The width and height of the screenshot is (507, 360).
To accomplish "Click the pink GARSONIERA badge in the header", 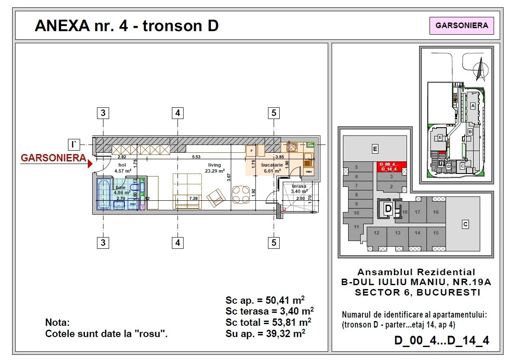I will [x=462, y=26].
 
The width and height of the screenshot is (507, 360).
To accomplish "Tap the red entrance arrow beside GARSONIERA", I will [x=90, y=164].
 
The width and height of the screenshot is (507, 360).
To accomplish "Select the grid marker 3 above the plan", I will [x=103, y=113].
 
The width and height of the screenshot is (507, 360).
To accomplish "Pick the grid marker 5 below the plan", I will [x=274, y=243].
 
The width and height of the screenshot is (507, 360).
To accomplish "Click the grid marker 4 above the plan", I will [x=178, y=113].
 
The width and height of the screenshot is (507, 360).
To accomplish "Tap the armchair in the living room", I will [x=216, y=198].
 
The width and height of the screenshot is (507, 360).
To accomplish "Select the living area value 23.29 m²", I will [x=214, y=171].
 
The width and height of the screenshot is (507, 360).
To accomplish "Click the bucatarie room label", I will [x=272, y=165].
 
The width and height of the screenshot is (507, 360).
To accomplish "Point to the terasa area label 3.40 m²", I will [x=299, y=191].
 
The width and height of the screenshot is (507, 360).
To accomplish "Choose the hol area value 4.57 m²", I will [x=123, y=171].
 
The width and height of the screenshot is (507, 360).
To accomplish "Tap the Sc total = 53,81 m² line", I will [x=268, y=322].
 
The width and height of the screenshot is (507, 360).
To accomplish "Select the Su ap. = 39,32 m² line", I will [x=265, y=333].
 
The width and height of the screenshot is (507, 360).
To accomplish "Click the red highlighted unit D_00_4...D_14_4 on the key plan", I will [x=391, y=167].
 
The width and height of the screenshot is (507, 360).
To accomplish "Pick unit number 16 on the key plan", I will [x=436, y=212].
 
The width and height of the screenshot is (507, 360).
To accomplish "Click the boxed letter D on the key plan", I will [x=388, y=209].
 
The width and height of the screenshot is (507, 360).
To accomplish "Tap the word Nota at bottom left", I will [x=57, y=323].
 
